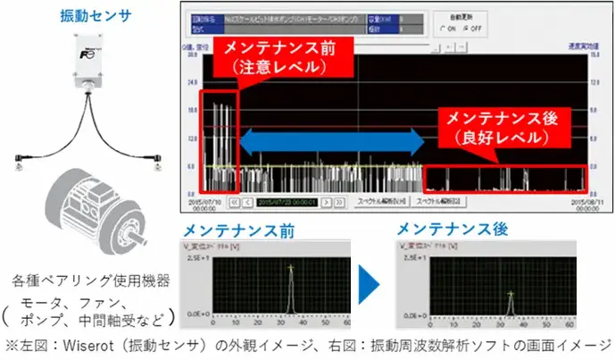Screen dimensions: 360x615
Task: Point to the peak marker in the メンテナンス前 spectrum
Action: point(290,266)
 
